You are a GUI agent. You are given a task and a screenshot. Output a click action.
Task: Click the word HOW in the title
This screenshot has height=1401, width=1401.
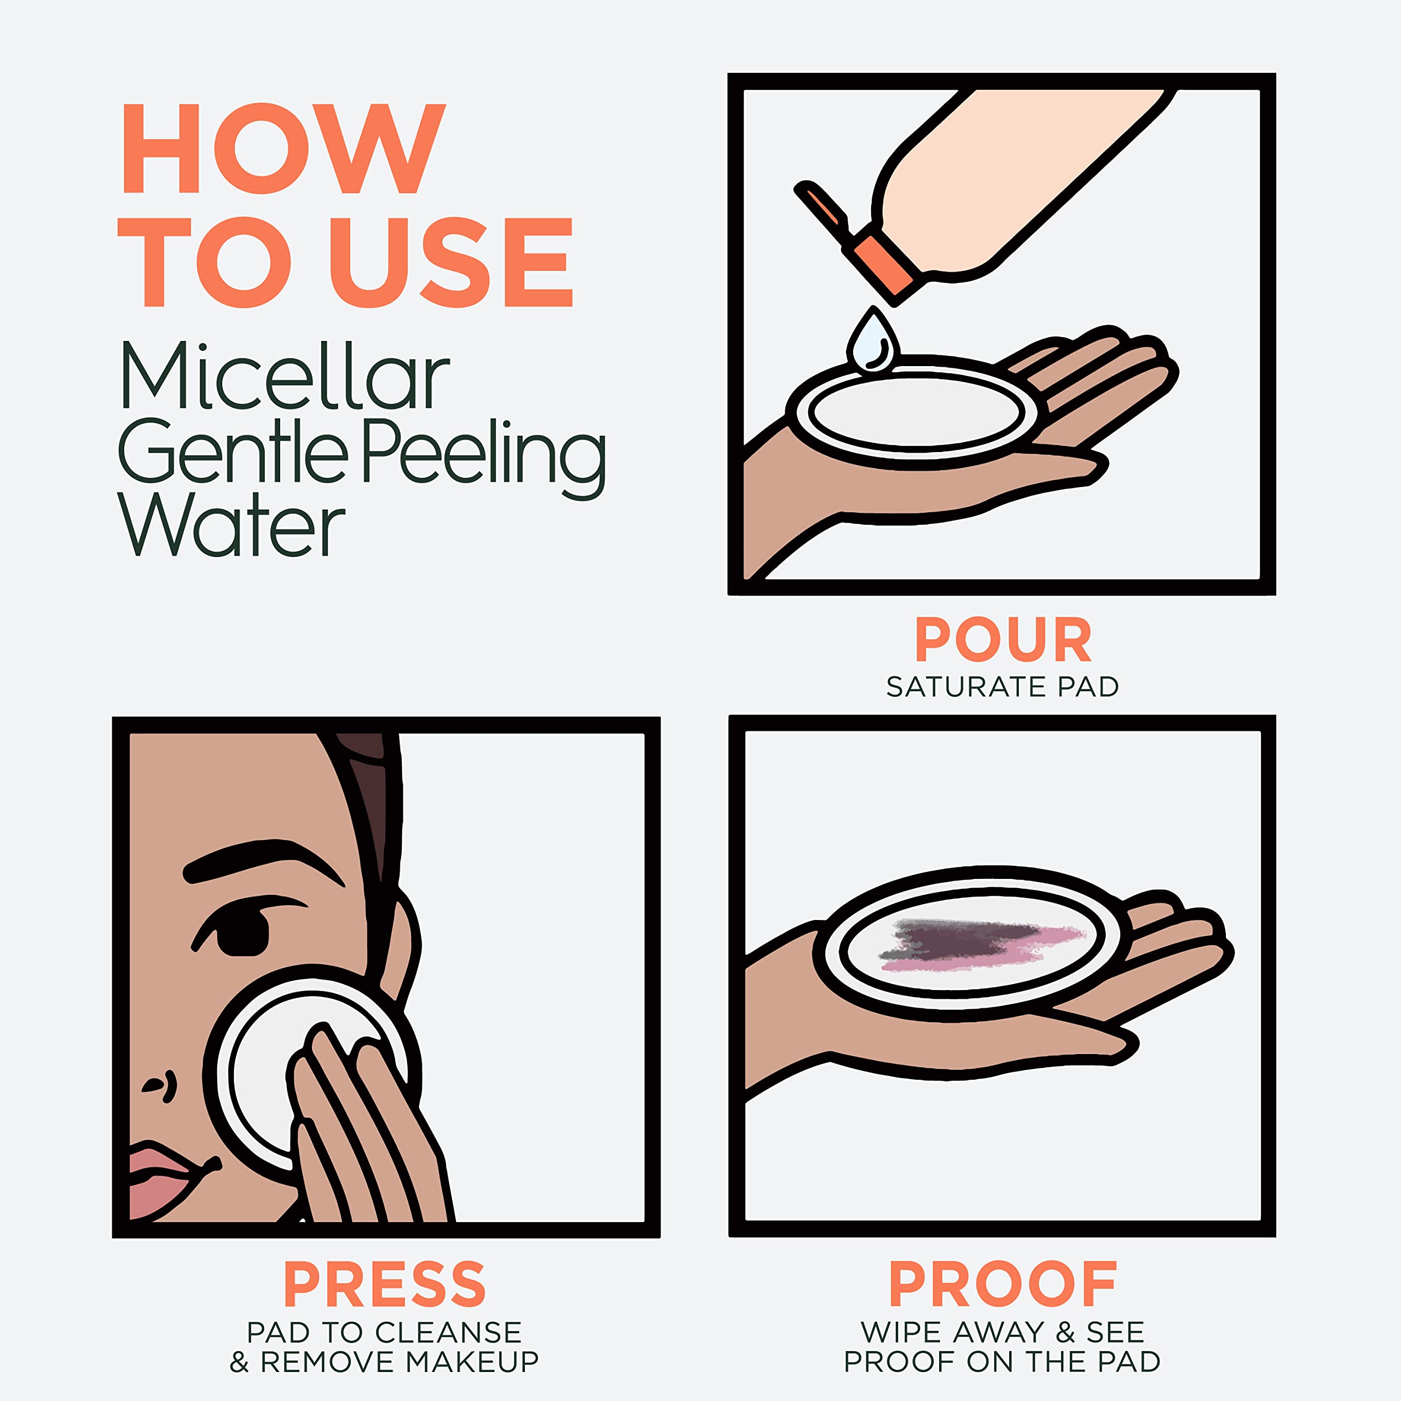point(283,149)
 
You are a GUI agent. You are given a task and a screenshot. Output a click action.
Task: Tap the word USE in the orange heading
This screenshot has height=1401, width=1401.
point(451,263)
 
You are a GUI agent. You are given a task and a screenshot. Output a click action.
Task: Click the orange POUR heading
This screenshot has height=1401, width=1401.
point(1003,640)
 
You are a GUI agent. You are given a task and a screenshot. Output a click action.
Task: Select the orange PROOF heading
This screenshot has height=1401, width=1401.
point(1003,1284)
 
